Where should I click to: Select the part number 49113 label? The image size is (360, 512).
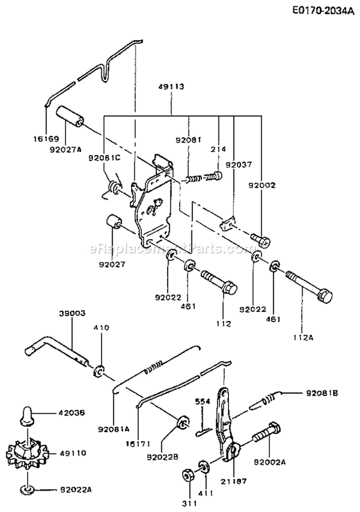pos(171,87)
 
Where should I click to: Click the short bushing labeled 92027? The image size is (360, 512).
pos(114,223)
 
